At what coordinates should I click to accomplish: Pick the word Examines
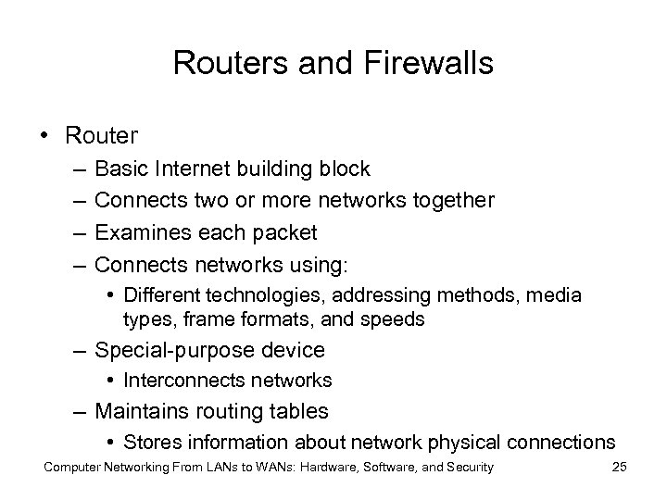point(138,232)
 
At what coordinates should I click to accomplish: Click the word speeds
point(396,319)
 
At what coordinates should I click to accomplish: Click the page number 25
point(620,468)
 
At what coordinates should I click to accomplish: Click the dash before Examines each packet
point(73,232)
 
